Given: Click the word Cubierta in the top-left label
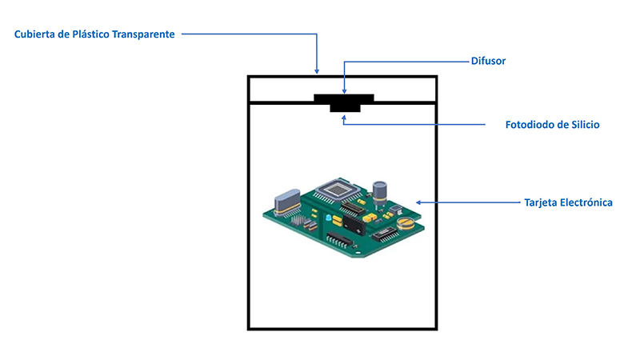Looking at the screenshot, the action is tap(34, 34).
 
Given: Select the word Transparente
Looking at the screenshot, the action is tap(143, 34).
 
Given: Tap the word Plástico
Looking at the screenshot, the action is tap(91, 34).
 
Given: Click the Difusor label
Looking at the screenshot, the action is tap(488, 62).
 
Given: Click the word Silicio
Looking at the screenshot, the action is tap(586, 125).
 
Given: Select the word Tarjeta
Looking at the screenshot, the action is tap(540, 202).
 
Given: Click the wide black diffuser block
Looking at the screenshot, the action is tap(344, 98).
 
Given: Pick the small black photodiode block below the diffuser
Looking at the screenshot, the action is tap(345, 108).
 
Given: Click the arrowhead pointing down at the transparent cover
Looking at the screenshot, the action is tap(317, 71).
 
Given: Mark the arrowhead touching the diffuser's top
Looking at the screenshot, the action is tap(344, 91).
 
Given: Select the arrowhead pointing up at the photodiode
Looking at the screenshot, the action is tap(344, 118).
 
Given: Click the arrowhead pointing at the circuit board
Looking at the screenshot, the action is tap(419, 202).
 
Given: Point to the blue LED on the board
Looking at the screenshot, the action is tap(328, 218).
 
